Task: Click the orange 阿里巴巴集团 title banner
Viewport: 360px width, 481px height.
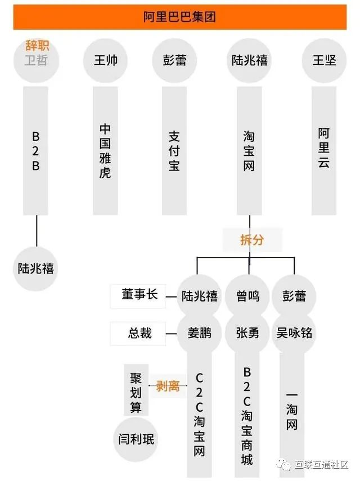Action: coord(179,17)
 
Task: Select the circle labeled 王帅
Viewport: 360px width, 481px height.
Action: coord(105,60)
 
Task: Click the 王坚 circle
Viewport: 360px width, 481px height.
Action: coord(324,60)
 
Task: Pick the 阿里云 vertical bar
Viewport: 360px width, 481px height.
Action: coord(324,149)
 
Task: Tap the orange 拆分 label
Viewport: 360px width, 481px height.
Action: coord(251,240)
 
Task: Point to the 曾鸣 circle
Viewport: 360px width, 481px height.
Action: coord(247,296)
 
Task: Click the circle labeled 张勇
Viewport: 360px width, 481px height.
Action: coord(247,333)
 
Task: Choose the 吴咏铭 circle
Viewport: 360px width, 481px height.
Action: coord(294,333)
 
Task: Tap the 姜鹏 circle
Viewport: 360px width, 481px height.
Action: coord(200,333)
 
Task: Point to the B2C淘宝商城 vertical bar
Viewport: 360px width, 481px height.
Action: coord(247,416)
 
